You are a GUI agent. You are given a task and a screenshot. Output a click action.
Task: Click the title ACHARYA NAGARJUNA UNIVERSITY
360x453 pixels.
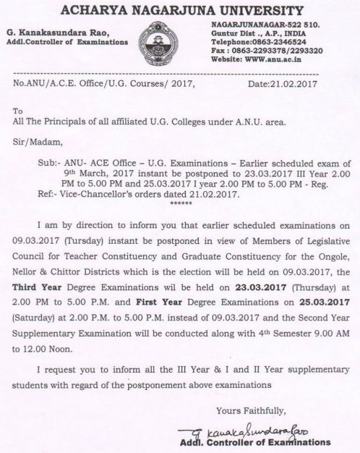[180, 10]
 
